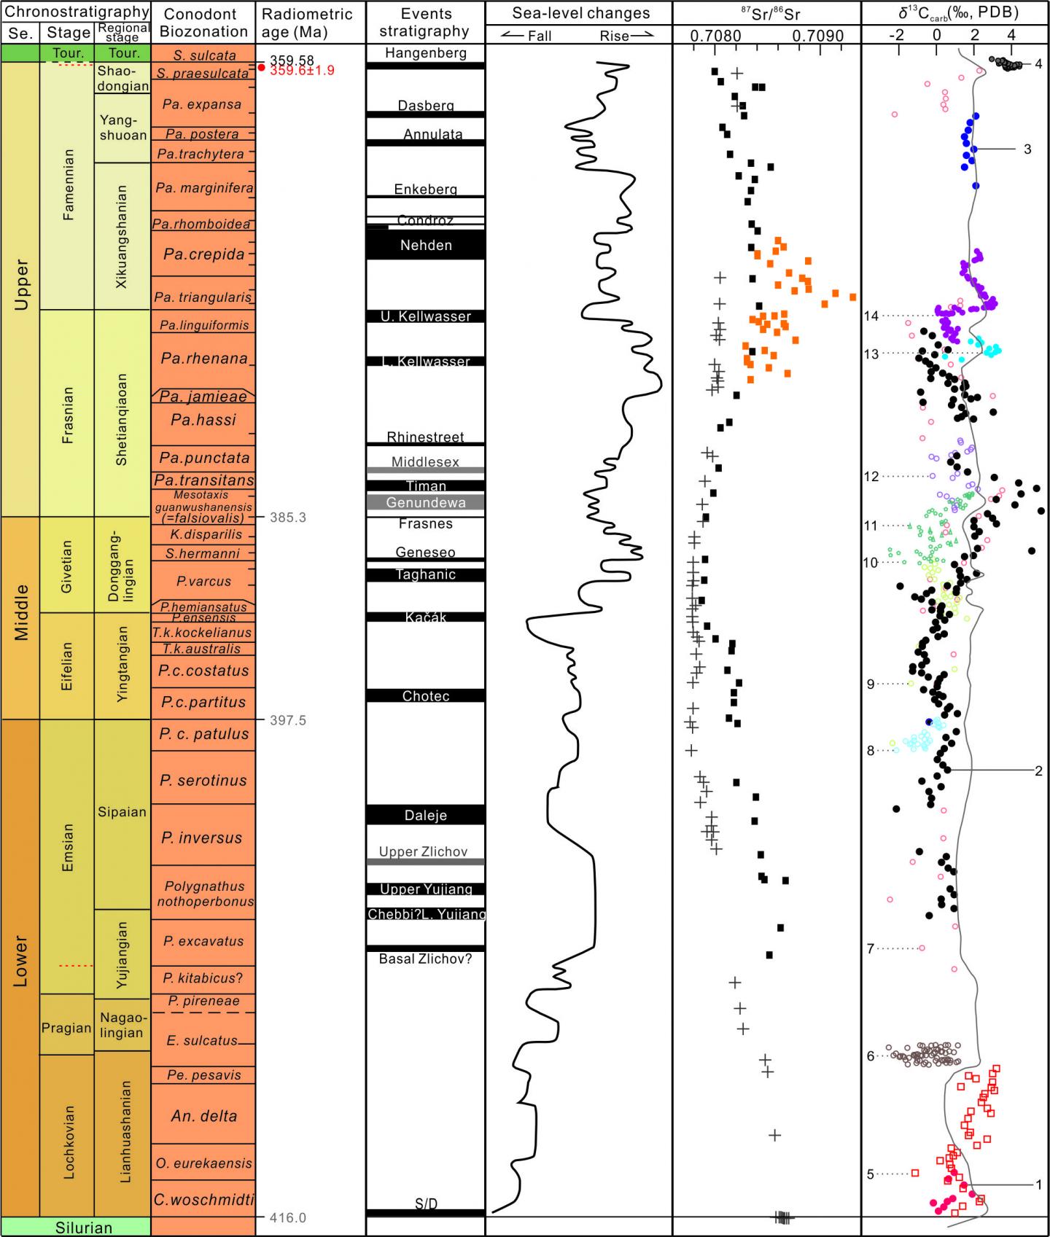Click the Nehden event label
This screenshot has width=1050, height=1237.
(x=426, y=245)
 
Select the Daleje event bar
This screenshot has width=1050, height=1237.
(x=426, y=815)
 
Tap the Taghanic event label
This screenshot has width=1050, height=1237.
(x=426, y=574)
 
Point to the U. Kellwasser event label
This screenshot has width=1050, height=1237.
(x=426, y=316)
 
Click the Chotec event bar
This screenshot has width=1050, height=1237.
(x=426, y=696)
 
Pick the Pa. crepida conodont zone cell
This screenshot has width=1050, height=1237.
(x=203, y=254)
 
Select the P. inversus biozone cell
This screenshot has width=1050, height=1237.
(x=203, y=838)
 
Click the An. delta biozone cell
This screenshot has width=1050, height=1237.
(x=203, y=1116)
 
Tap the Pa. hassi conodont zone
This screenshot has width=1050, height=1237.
(x=203, y=420)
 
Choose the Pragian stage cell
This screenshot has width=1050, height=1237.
(x=66, y=1029)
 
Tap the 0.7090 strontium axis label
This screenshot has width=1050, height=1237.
(x=819, y=36)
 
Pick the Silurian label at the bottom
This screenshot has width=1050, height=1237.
(x=84, y=1228)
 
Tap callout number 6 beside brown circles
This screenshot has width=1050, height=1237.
(x=870, y=1056)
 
